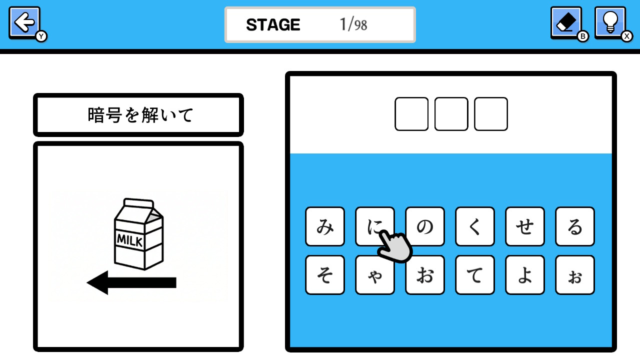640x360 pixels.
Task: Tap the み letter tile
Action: [325, 226]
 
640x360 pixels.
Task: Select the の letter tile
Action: [425, 226]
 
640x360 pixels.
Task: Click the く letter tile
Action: [475, 226]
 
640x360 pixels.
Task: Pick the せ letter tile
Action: [525, 226]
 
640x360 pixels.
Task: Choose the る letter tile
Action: [575, 226]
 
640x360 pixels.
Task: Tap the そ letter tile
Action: [325, 275]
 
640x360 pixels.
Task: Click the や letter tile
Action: [375, 275]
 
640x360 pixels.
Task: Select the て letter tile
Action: [475, 275]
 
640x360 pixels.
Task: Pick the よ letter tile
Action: [525, 275]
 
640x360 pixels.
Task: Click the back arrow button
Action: [24, 22]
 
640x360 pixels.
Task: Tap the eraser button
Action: [566, 22]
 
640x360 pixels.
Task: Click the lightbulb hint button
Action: [610, 22]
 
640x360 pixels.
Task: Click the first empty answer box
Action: [411, 114]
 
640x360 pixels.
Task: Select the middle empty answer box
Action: [451, 114]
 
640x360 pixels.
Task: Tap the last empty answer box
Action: [491, 114]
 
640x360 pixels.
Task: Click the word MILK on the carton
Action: [129, 240]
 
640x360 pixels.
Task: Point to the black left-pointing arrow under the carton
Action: [131, 282]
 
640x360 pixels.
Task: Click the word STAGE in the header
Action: [273, 25]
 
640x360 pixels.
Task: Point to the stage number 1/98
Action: [353, 24]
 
